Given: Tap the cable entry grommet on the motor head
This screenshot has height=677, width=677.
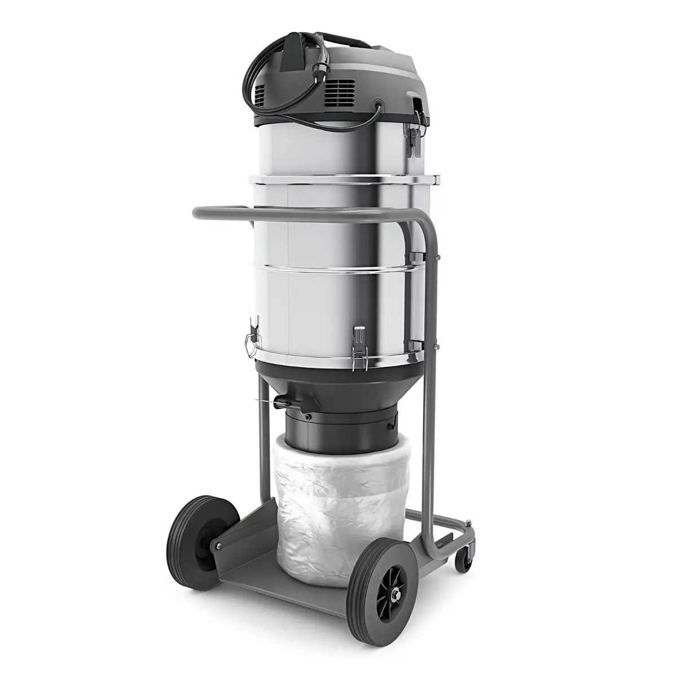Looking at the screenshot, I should point(377,104).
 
